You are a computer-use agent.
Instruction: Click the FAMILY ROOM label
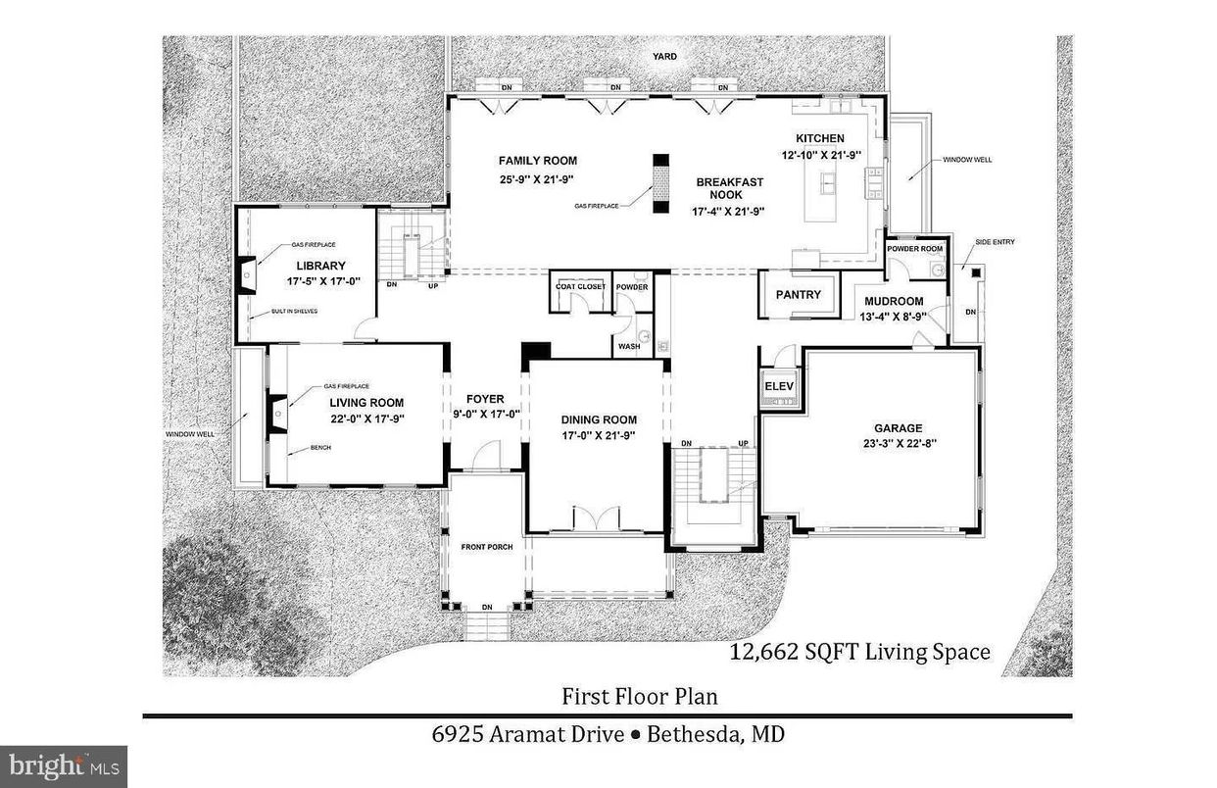(537, 161)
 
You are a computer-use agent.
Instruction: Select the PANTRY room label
(798, 295)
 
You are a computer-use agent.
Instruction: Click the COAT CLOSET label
(580, 286)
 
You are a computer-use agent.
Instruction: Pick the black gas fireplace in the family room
(660, 183)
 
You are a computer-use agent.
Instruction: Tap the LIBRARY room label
(320, 266)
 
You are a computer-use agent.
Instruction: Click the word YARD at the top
(665, 57)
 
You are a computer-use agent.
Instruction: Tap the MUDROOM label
(894, 301)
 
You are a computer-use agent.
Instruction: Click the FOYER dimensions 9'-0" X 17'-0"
(485, 414)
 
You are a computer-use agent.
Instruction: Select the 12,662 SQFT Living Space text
(860, 652)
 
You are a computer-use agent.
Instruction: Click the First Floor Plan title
(639, 697)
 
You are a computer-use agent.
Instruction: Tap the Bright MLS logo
(63, 763)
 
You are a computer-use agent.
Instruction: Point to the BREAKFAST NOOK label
(729, 188)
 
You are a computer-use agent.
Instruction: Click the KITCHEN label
(819, 138)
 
